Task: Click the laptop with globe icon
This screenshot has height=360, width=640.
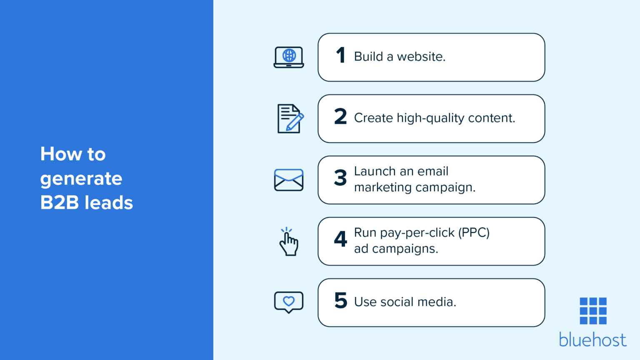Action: [289, 57]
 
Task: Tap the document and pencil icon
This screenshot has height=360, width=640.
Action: [290, 119]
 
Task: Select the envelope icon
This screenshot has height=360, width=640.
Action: [289, 180]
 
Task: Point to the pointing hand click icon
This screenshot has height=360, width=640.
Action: [288, 242]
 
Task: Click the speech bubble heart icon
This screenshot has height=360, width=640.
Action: [289, 302]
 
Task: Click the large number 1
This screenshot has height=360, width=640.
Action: [341, 55]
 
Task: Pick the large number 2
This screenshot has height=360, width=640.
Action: [340, 117]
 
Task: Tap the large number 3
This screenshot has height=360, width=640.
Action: [340, 178]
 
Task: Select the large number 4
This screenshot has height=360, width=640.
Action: [340, 239]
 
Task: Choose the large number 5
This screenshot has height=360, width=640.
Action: [341, 300]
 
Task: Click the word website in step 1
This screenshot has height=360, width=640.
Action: [421, 57]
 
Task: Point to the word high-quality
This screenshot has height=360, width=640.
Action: [430, 118]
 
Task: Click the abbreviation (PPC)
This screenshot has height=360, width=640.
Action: [474, 232]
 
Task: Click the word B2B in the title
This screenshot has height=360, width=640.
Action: [60, 203]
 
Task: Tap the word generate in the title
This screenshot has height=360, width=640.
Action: [81, 179]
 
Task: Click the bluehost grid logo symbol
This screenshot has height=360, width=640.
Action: [593, 311]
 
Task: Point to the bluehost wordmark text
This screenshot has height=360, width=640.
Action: [592, 340]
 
